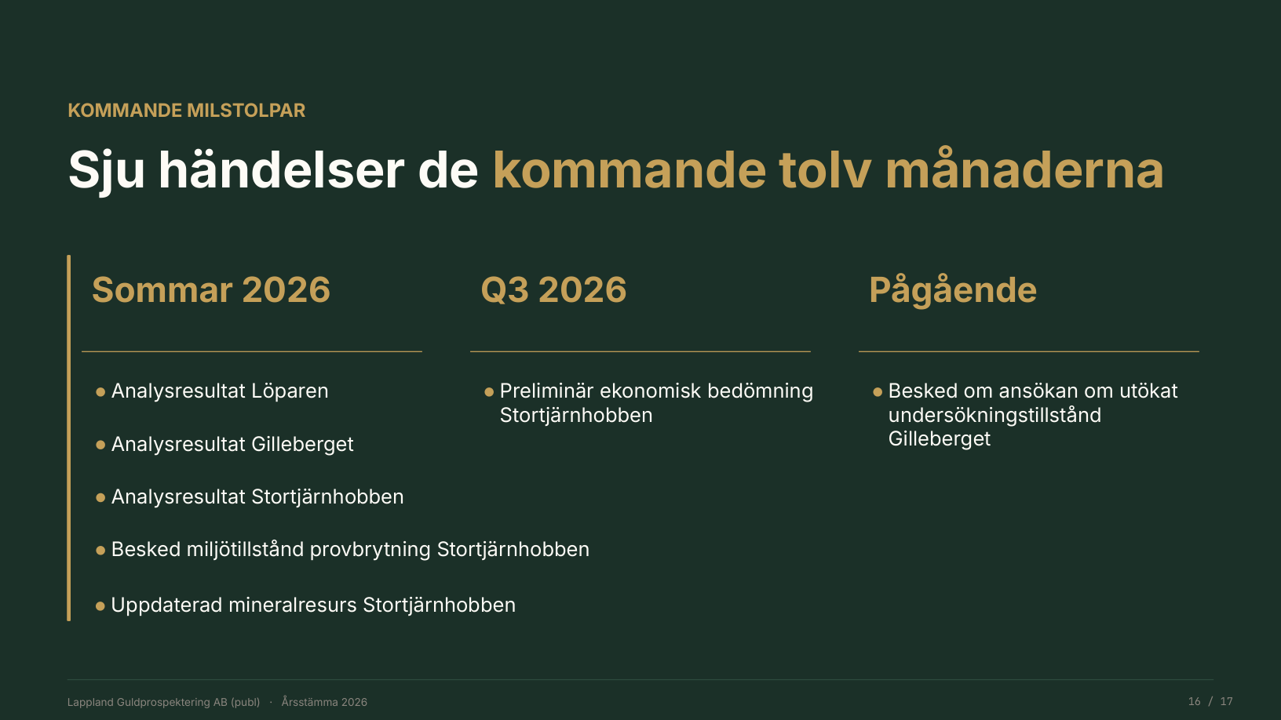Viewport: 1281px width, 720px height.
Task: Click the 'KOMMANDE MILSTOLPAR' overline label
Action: tap(187, 111)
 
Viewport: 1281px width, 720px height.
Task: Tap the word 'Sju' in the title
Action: tap(107, 170)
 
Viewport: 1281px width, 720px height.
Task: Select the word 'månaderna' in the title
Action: tap(1024, 169)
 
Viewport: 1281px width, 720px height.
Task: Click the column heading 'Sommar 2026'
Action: tap(211, 289)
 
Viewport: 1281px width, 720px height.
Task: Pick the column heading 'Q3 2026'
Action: tap(553, 289)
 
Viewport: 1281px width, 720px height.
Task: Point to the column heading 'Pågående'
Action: tap(953, 289)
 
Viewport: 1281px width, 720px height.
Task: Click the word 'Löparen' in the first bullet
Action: tap(290, 391)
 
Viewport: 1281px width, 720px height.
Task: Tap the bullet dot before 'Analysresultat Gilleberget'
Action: tap(100, 445)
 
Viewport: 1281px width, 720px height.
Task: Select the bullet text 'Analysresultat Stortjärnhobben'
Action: tap(257, 497)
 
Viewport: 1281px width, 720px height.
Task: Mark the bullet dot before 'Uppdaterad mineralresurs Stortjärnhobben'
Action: tap(100, 606)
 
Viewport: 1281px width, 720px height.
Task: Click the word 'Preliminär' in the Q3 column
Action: tap(547, 391)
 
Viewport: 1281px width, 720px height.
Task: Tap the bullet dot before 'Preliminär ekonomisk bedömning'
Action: tap(489, 392)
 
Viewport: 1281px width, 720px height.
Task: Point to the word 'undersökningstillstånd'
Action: tap(995, 416)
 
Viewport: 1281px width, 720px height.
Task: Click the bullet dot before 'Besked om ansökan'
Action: tap(878, 392)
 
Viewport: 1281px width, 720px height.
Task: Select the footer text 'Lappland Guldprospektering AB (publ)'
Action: tap(163, 702)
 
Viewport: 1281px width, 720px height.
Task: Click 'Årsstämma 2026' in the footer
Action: tap(324, 702)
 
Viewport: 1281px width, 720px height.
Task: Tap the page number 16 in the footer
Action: tap(1194, 702)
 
